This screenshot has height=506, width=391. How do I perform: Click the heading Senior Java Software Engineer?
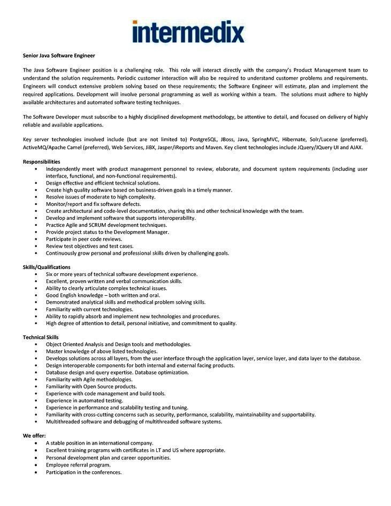click(x=59, y=55)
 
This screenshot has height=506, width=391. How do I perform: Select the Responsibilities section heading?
click(x=41, y=162)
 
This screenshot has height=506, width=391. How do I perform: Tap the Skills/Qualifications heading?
click(x=47, y=267)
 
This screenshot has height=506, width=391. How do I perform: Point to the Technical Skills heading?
click(x=41, y=337)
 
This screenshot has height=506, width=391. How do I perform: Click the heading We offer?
click(x=34, y=435)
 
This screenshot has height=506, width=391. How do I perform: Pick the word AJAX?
click(x=356, y=147)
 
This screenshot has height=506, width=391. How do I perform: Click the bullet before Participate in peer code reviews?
click(x=36, y=239)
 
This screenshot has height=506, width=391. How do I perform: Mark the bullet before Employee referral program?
click(x=36, y=465)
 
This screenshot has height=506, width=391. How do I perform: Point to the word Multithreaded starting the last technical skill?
click(x=64, y=421)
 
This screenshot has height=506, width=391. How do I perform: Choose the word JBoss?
click(x=230, y=139)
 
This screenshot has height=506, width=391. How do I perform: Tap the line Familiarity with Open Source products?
click(x=91, y=386)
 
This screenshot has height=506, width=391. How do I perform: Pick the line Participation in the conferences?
click(x=83, y=472)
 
